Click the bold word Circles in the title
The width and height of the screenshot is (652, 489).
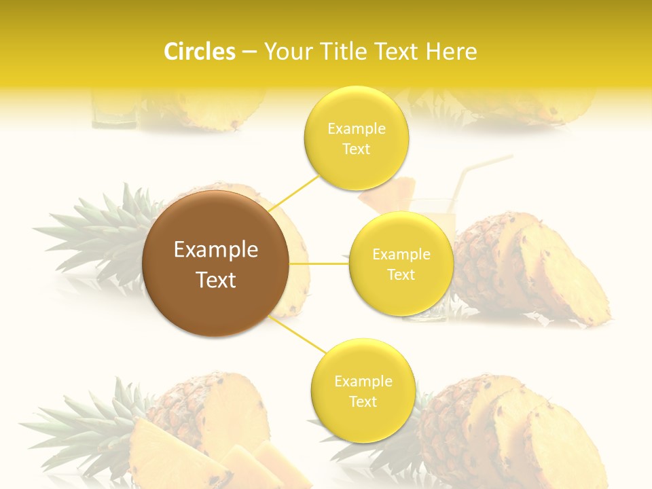tap(200, 52)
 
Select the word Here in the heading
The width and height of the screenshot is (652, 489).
tap(452, 52)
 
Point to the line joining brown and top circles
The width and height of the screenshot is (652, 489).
tap(294, 193)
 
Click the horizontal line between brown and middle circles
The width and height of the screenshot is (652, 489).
tap(319, 264)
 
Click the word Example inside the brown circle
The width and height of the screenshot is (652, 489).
tap(215, 250)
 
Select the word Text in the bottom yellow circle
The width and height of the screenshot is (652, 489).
tap(363, 401)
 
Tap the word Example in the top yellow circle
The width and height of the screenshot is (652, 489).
tap(356, 128)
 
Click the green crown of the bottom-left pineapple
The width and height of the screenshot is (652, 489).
tap(81, 421)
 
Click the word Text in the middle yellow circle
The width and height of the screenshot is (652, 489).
tap(401, 274)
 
